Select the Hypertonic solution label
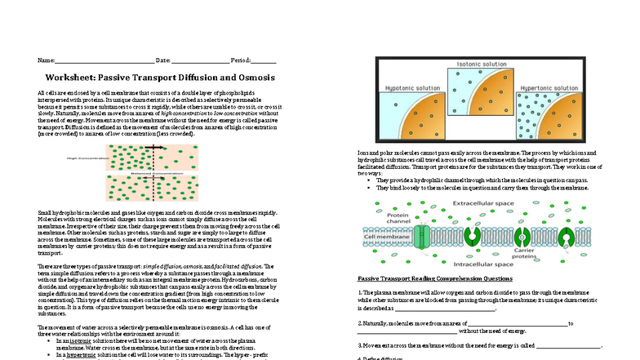[x=553, y=86]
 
